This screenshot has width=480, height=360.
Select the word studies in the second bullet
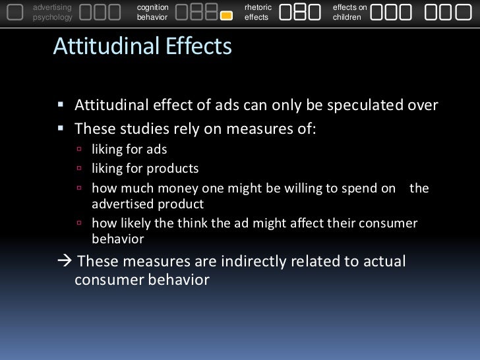pos(138,127)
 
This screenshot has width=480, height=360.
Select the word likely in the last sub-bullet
pos(138,223)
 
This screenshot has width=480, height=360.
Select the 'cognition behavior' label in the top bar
pos(152,12)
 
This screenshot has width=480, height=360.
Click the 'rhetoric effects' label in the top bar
pos(257,12)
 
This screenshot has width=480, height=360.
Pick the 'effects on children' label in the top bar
pos(350,12)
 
